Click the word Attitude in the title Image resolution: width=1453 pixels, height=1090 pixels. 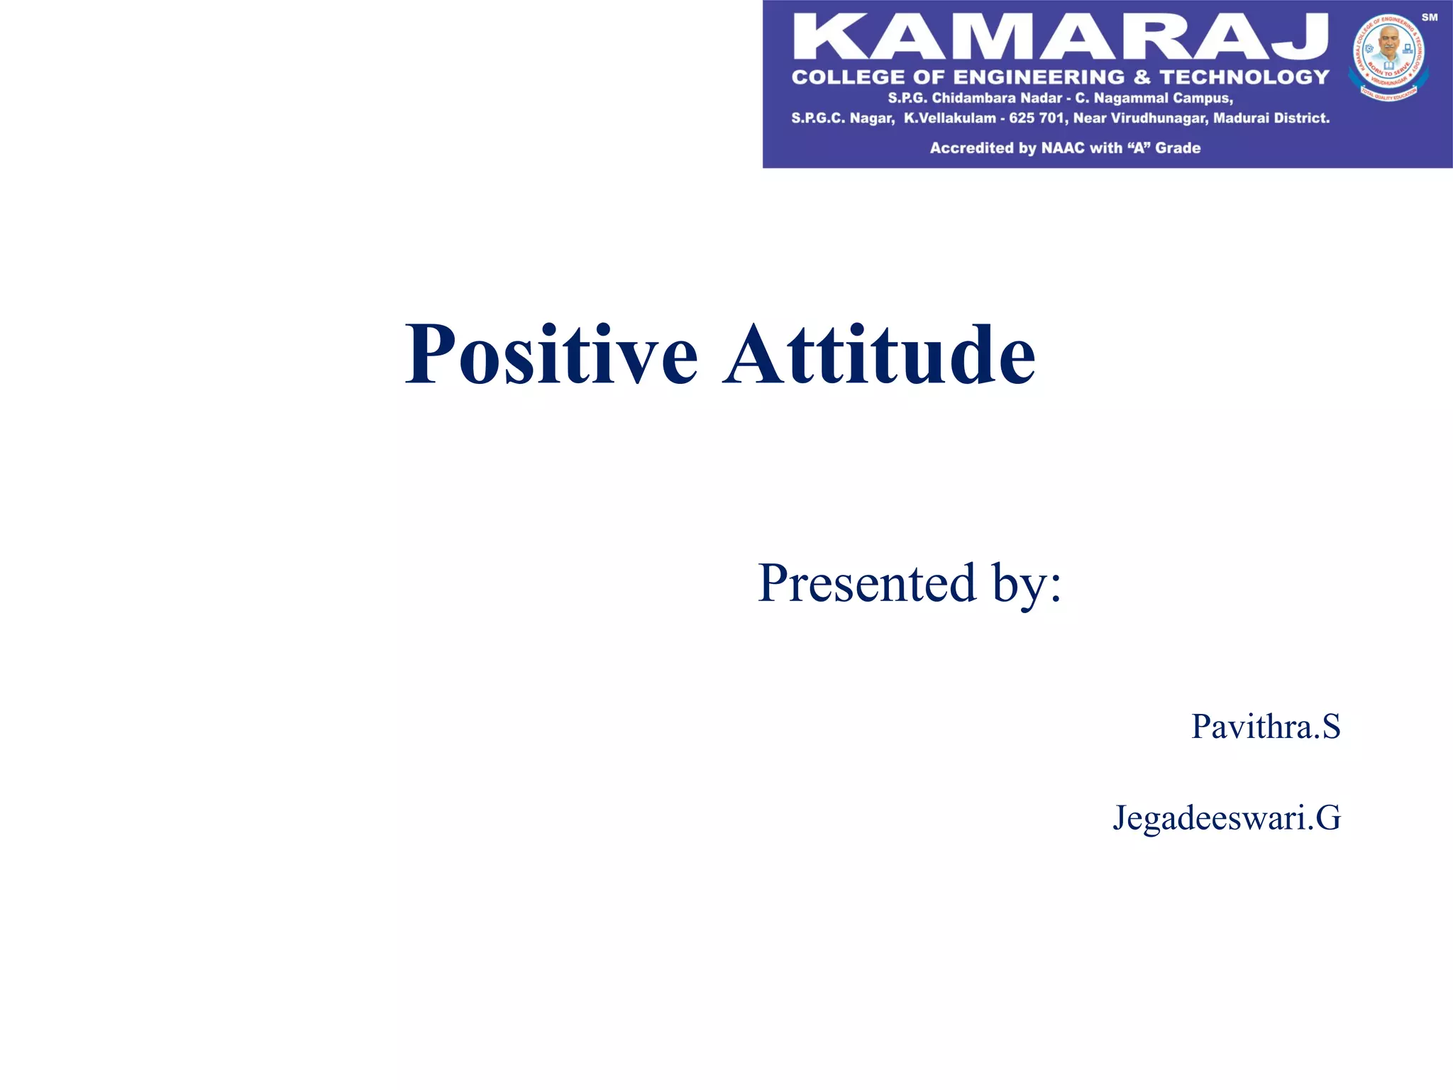(x=880, y=355)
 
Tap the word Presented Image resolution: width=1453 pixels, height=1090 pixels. (x=867, y=583)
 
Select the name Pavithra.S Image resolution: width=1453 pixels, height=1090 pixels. (x=1266, y=727)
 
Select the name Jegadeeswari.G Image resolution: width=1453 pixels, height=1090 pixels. (x=1227, y=817)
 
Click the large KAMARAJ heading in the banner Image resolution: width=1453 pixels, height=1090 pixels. (x=1060, y=37)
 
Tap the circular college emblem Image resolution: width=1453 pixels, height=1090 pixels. (x=1388, y=57)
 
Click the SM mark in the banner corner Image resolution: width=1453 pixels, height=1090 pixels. (x=1429, y=18)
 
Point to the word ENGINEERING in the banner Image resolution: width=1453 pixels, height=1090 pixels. (x=1039, y=77)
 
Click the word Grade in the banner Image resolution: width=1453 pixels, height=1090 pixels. (x=1178, y=148)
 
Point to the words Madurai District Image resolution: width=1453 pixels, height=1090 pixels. (x=1271, y=119)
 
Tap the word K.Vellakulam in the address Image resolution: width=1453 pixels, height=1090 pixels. (x=949, y=119)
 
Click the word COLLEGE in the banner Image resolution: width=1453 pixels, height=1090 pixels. (x=849, y=77)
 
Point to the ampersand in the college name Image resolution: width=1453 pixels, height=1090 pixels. (x=1142, y=77)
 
